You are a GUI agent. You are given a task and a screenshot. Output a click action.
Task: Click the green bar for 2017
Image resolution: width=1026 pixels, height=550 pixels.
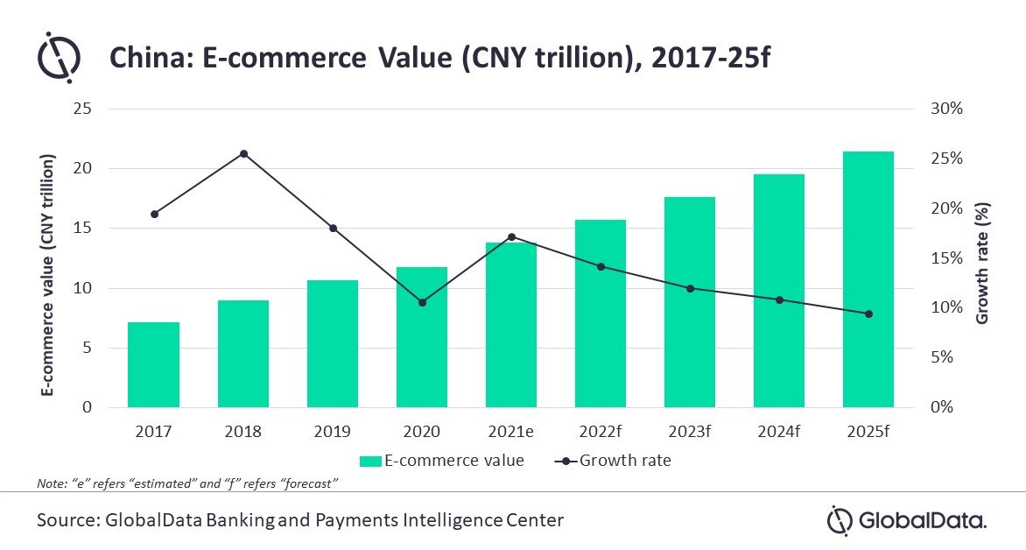pyautogui.click(x=153, y=364)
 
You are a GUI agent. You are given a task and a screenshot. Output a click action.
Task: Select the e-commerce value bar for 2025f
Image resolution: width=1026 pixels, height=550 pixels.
pyautogui.click(x=868, y=279)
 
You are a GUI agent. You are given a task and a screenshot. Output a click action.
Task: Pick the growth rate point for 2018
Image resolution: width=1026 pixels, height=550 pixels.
pyautogui.click(x=243, y=153)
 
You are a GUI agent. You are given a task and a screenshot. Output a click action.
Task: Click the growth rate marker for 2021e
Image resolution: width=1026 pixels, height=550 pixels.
pyautogui.click(x=511, y=236)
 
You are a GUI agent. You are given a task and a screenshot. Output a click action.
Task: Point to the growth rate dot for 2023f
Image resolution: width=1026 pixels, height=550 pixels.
pyautogui.click(x=690, y=288)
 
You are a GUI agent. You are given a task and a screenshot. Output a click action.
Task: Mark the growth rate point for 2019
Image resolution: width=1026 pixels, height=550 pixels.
pyautogui.click(x=333, y=229)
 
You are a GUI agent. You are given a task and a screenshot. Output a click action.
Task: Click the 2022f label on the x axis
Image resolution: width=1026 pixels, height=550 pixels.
pyautogui.click(x=600, y=432)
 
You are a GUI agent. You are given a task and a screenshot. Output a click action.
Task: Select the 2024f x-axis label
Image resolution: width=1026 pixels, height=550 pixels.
pyautogui.click(x=779, y=432)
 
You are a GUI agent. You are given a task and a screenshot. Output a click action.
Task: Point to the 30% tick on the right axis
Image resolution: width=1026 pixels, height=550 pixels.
pyautogui.click(x=945, y=109)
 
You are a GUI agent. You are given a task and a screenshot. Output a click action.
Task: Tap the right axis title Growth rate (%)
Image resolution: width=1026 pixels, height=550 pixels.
pyautogui.click(x=981, y=263)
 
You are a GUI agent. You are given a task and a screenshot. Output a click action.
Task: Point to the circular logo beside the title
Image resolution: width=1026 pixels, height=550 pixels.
pyautogui.click(x=60, y=59)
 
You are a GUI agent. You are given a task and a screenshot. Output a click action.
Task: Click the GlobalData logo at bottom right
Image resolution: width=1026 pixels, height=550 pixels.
pyautogui.click(x=907, y=520)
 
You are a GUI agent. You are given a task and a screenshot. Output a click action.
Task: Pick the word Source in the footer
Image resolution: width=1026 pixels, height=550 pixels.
pyautogui.click(x=66, y=520)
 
